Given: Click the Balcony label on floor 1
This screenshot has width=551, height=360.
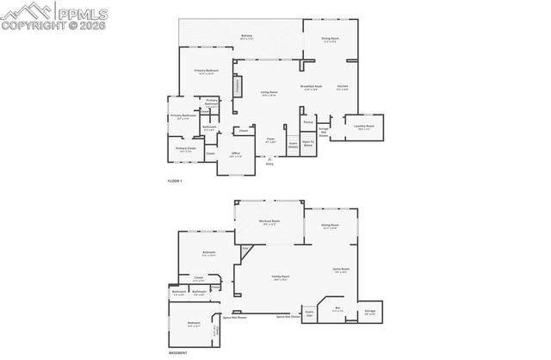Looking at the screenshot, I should pyautogui.click(x=246, y=36).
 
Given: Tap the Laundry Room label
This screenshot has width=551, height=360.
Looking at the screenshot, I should pyautogui.click(x=364, y=127).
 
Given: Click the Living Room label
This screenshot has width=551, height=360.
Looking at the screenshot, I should pyautogui.click(x=269, y=92).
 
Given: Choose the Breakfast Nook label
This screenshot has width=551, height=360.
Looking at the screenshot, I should pyautogui.click(x=312, y=86).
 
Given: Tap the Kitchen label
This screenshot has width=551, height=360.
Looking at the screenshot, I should pyautogui.click(x=343, y=86).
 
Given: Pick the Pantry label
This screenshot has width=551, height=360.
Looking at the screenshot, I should pyautogui.click(x=308, y=122).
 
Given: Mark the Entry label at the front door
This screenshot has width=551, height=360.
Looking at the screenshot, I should pyautogui.click(x=269, y=164).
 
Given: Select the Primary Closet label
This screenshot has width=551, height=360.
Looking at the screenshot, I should pyautogui.click(x=186, y=148).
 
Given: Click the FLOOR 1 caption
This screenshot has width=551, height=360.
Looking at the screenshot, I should pyautogui.click(x=175, y=181).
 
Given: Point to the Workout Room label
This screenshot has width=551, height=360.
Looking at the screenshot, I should pyautogui.click(x=269, y=222).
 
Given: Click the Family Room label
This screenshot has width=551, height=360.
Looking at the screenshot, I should pyautogui.click(x=280, y=276).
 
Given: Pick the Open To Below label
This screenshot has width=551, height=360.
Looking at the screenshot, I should pyautogui.click(x=308, y=144).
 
